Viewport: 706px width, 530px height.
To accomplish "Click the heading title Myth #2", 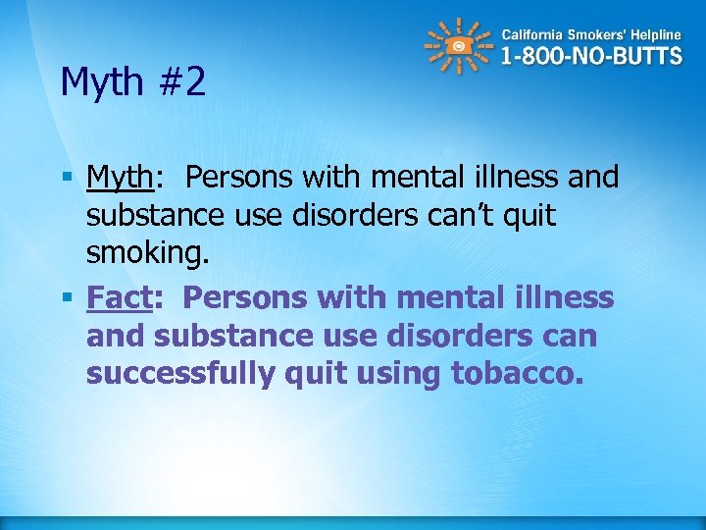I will (x=132, y=83).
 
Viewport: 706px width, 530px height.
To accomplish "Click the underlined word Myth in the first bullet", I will (x=120, y=178).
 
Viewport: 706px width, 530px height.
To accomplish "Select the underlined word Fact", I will (x=115, y=296).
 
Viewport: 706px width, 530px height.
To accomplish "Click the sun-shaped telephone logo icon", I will (x=456, y=46).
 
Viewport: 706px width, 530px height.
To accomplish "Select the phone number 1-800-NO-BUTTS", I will (x=591, y=55).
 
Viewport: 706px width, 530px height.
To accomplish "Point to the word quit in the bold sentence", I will (x=341, y=374).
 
